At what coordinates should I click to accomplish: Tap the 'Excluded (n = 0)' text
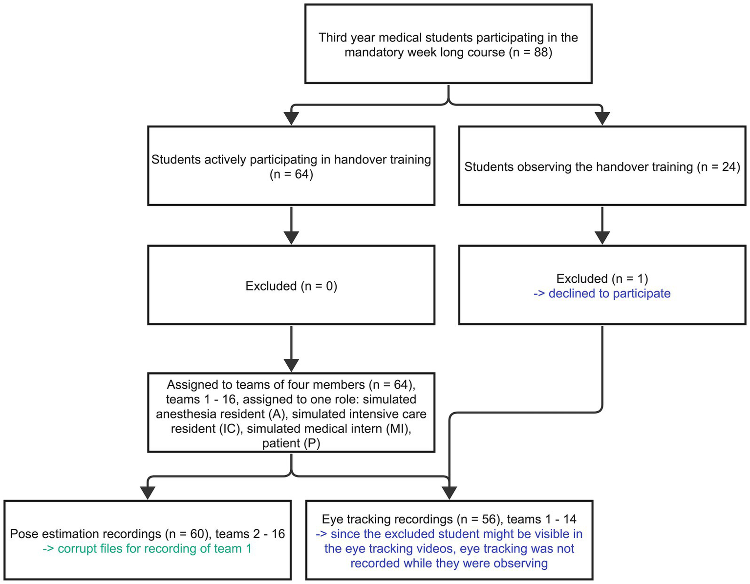click(291, 286)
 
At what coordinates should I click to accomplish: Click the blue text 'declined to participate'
click(609, 293)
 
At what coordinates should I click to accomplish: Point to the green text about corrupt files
click(147, 549)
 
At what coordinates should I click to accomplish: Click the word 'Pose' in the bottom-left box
click(23, 534)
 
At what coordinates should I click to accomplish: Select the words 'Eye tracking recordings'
click(387, 520)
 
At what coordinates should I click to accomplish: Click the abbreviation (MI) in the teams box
click(400, 429)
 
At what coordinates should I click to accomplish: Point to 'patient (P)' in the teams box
click(291, 443)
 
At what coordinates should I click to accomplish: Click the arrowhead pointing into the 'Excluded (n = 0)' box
click(291, 237)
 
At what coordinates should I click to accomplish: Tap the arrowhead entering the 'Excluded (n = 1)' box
click(602, 237)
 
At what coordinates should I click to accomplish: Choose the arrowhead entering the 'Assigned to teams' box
click(291, 365)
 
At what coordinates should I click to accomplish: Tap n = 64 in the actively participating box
click(291, 174)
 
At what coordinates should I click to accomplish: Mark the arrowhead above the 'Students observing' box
click(602, 118)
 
